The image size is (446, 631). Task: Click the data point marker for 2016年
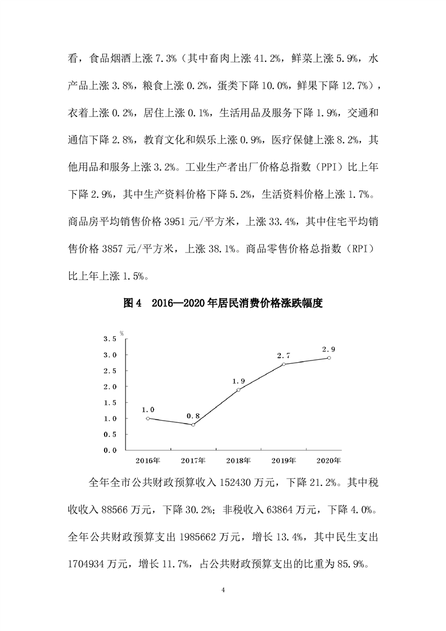pyautogui.click(x=147, y=418)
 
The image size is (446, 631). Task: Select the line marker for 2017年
pyautogui.click(x=193, y=425)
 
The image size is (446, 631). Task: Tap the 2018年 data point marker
pyautogui.click(x=238, y=390)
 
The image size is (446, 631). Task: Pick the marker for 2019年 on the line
pyautogui.click(x=284, y=364)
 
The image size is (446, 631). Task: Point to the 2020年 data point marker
pyautogui.click(x=329, y=358)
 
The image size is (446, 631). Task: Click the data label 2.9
pyautogui.click(x=329, y=349)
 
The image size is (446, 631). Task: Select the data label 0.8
pyautogui.click(x=193, y=416)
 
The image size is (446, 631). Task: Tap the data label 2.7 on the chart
pyautogui.click(x=284, y=355)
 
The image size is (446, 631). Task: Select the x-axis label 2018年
pyautogui.click(x=238, y=461)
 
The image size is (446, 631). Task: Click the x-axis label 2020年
pyautogui.click(x=329, y=461)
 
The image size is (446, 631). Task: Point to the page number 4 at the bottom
pyautogui.click(x=223, y=589)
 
